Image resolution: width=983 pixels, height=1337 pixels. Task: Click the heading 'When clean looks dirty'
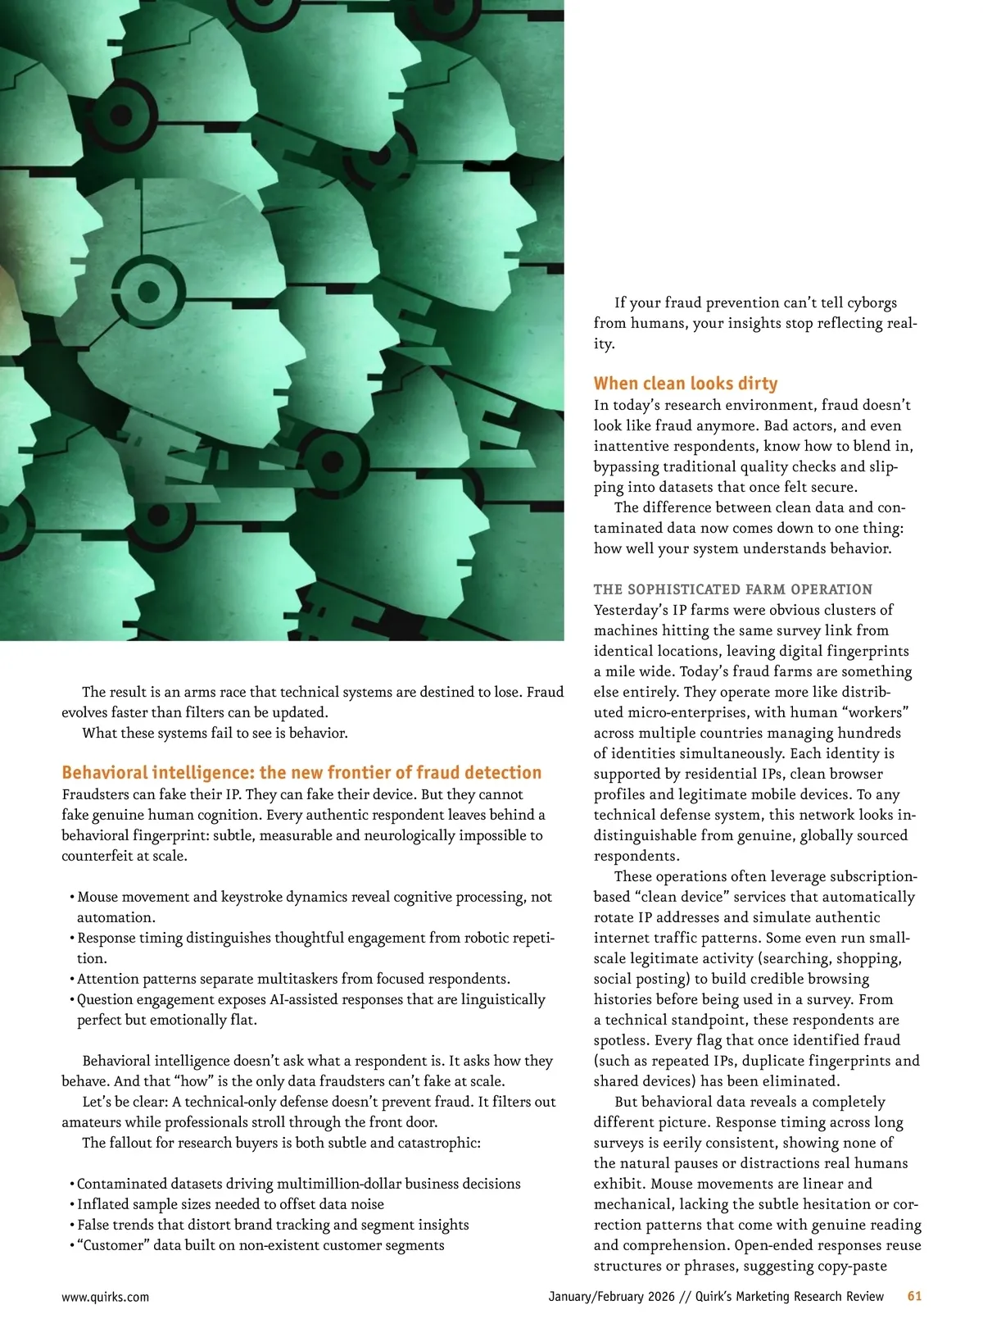click(685, 383)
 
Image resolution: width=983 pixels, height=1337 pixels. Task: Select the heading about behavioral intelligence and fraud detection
click(301, 772)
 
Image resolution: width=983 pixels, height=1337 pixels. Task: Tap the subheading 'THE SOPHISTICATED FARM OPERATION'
click(732, 589)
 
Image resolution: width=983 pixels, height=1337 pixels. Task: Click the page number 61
click(914, 1296)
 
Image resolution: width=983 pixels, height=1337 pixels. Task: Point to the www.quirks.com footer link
click(105, 1297)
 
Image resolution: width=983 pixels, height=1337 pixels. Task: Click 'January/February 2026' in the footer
click(611, 1296)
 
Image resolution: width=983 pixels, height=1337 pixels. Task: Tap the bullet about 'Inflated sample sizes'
click(230, 1204)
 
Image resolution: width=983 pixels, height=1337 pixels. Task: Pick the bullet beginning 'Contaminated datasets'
click(298, 1184)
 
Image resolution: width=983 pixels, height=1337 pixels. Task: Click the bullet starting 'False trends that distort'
click(273, 1225)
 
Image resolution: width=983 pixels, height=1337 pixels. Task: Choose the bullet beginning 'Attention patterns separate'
click(293, 979)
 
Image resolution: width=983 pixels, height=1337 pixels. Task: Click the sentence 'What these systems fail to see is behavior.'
click(215, 733)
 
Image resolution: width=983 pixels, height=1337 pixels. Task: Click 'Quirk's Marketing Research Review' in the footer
click(789, 1296)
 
